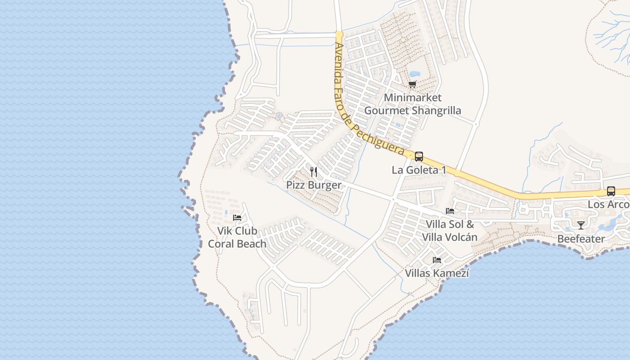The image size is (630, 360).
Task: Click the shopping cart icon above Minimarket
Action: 413,84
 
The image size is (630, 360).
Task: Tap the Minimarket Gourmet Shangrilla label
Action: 413,104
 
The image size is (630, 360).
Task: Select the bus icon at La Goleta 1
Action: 419,157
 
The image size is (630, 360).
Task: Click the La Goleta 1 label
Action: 419,170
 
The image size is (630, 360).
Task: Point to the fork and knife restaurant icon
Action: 314,172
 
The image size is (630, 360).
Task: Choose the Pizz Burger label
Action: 314,185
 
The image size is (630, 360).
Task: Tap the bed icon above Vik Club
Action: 237,218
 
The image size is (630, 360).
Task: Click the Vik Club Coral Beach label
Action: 237,237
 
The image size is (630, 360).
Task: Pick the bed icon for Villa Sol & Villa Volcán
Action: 450,211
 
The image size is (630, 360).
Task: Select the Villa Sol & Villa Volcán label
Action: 450,230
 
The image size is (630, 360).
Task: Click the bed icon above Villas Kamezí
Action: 436,260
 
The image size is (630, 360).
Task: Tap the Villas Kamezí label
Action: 437,273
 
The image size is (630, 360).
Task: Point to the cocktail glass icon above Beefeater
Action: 581,225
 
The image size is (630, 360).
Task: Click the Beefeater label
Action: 581,238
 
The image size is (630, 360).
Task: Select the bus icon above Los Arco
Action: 611,191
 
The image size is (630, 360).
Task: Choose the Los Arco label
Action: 608,204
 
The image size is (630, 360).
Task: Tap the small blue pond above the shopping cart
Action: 414,73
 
